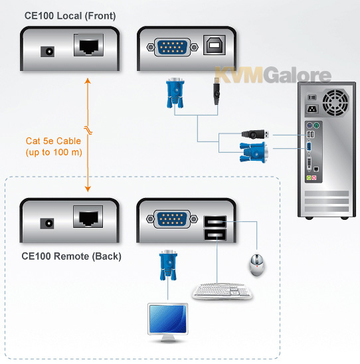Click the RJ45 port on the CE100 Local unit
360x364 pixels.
[x=88, y=45]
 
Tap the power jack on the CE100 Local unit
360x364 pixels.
[x=48, y=52]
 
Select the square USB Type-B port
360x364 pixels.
[x=215, y=45]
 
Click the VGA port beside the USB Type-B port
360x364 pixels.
[x=172, y=47]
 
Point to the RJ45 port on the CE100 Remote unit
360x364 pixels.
[x=88, y=217]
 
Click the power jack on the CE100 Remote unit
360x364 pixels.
[x=47, y=223]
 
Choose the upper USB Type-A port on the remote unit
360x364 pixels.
[x=215, y=221]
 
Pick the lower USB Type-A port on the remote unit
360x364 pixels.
[x=215, y=234]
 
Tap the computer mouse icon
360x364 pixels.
[x=256, y=265]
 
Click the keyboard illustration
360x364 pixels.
[x=222, y=291]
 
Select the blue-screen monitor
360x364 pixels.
[x=168, y=322]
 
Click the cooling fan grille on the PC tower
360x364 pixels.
[x=335, y=102]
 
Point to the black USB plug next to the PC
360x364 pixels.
[x=255, y=134]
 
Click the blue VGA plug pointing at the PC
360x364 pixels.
[x=254, y=152]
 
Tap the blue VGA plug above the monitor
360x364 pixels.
[x=168, y=265]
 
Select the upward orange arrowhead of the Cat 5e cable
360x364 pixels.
[x=88, y=81]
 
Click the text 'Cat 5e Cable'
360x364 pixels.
[x=53, y=141]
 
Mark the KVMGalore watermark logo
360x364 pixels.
[x=273, y=75]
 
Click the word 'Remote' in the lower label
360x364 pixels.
[x=72, y=256]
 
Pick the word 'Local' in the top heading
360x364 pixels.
[x=69, y=16]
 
